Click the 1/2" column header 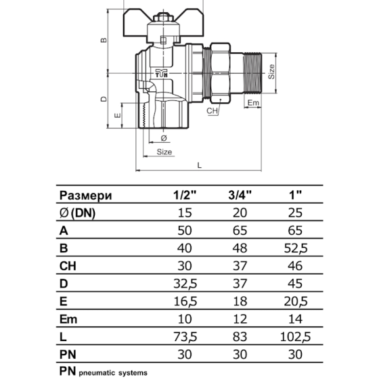(185, 195)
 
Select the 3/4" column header (240, 195)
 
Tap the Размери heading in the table (85, 196)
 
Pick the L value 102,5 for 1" (295, 337)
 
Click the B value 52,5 (296, 248)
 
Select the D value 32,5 (185, 284)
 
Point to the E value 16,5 (185, 301)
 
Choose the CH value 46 (295, 266)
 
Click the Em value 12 (240, 319)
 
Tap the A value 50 (185, 230)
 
